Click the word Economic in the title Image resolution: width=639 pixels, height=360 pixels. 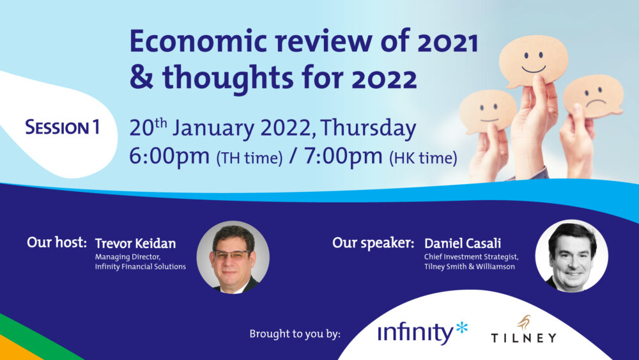coord(199,42)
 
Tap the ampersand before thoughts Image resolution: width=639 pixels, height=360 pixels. coord(142,77)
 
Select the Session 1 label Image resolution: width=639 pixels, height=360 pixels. coord(63,127)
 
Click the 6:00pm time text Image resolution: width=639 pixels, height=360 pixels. coord(169,156)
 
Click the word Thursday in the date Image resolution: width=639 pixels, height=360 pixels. coord(368,129)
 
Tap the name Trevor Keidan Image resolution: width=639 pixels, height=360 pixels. coord(135,244)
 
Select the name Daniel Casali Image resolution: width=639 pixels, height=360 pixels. coord(463,244)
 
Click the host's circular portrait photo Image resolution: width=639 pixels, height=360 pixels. coord(233,257)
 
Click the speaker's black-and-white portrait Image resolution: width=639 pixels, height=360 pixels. coord(572,256)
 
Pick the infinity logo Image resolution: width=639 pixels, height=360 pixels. coord(422,333)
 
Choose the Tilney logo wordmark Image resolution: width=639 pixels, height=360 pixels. coord(524,338)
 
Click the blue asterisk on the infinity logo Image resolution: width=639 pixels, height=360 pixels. coord(461,327)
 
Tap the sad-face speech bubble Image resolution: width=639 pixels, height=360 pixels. coord(593,96)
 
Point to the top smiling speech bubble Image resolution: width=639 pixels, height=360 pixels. coord(534,60)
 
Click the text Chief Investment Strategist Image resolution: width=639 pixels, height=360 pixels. coord(471,257)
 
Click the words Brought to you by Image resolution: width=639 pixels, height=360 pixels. coord(295,334)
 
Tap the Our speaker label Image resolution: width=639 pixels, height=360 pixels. coord(373,243)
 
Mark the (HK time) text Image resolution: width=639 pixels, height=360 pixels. coord(423,158)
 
